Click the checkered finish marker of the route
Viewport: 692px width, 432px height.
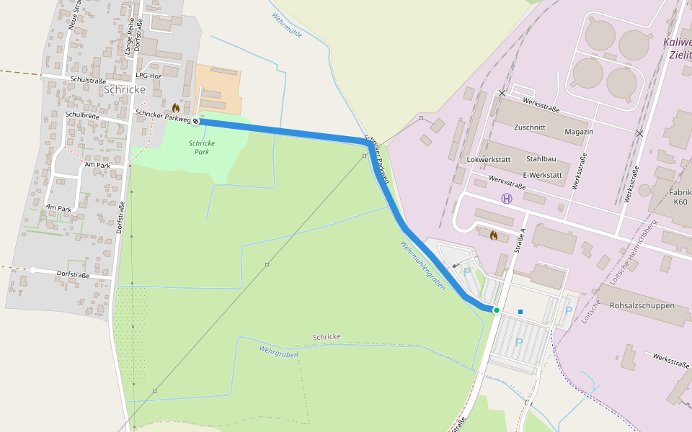(x=195, y=121)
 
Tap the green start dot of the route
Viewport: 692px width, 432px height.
(x=497, y=310)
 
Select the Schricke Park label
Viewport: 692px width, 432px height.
(x=202, y=148)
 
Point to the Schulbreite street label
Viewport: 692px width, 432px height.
(x=82, y=114)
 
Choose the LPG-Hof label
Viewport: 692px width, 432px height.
(x=148, y=75)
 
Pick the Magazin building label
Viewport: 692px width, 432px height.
(x=579, y=132)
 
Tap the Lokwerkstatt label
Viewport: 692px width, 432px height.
(x=489, y=158)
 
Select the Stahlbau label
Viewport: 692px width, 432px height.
(x=541, y=158)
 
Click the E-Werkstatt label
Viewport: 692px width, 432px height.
(x=541, y=175)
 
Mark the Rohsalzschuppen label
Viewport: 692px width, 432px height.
(x=642, y=305)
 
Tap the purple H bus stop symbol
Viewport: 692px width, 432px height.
(x=507, y=198)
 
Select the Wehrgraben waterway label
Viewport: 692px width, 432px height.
(x=278, y=351)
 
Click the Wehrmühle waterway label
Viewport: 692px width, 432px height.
(x=287, y=24)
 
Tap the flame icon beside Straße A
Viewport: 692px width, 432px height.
(x=494, y=235)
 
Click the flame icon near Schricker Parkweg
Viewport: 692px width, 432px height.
(x=175, y=107)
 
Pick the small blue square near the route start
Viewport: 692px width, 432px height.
(x=520, y=312)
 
